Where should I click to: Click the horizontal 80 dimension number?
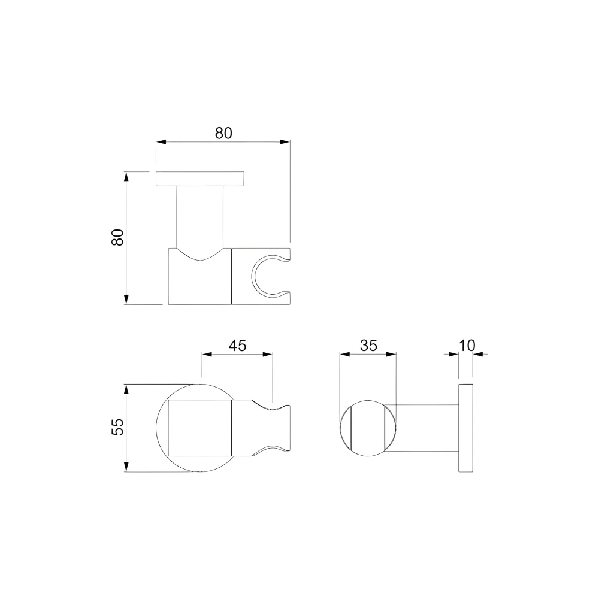223,133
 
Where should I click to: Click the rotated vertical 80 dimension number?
117,237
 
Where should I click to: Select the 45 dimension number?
237,346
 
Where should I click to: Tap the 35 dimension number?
368,346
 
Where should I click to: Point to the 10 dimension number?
467,346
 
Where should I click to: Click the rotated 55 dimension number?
117,426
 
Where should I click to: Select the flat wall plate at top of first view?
200,179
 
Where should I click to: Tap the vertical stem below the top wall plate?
200,216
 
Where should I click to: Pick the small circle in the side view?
368,428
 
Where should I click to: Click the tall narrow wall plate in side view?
466,428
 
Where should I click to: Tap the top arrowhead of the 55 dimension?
126,389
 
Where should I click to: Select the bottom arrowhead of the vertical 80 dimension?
126,299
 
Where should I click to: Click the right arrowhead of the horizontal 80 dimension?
286,142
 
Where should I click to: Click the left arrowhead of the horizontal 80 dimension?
161,142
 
